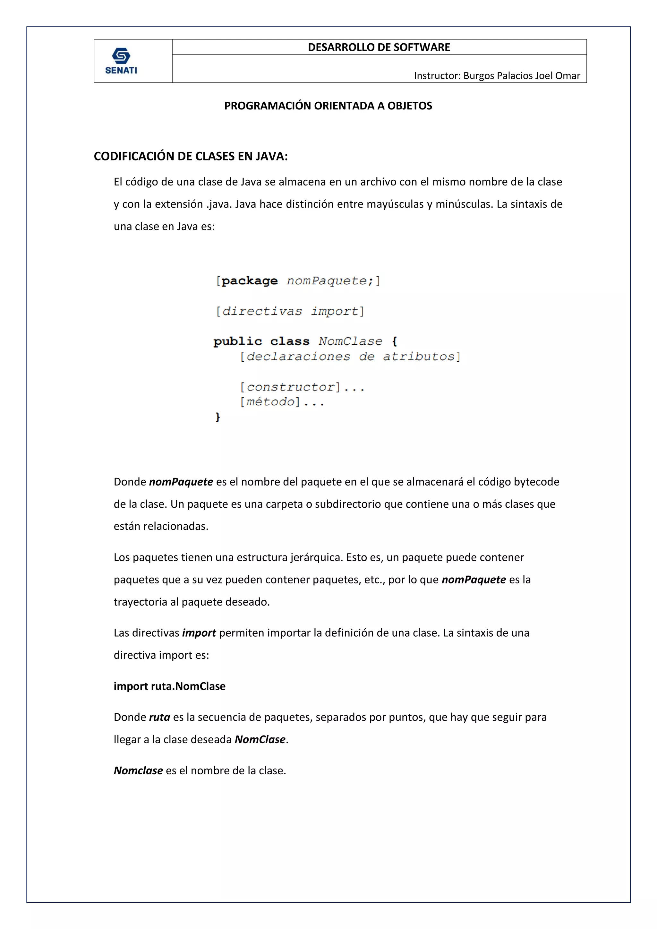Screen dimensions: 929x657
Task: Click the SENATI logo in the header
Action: [x=121, y=61]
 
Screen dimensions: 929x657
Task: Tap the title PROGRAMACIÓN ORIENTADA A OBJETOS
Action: [x=328, y=106]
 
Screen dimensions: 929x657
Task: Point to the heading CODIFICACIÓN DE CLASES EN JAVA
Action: [x=191, y=157]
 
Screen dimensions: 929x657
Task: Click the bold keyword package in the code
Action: [x=250, y=281]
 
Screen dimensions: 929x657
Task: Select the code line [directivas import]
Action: [x=290, y=311]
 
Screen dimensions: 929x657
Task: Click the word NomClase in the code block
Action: [x=350, y=341]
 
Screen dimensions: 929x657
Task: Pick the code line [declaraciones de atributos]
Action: [x=350, y=357]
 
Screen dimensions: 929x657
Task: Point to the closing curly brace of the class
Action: [x=218, y=417]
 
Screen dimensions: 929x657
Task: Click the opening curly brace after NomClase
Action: [x=395, y=341]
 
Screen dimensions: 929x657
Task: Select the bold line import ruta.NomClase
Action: [x=169, y=686]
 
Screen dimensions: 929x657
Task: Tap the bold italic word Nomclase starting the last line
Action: [x=138, y=770]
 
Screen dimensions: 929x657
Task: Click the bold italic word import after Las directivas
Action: [x=199, y=633]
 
